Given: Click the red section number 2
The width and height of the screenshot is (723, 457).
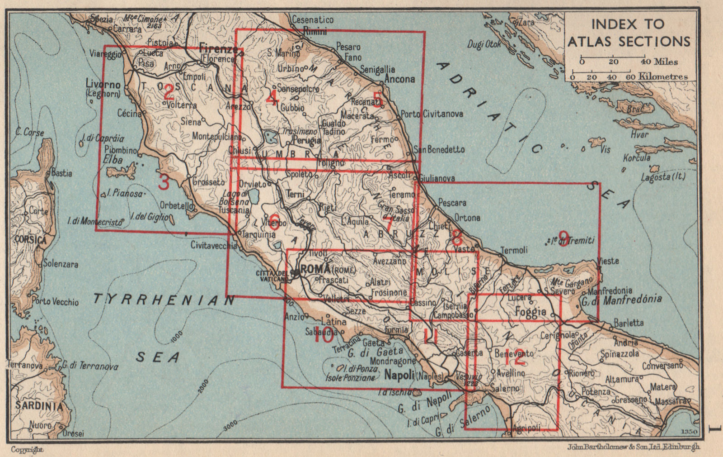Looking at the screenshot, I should pos(168,93).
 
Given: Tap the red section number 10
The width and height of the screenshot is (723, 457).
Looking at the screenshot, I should pos(324,336).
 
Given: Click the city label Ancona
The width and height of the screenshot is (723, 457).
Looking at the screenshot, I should pos(399,79).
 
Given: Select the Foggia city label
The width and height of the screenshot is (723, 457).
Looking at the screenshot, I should pos(531,311).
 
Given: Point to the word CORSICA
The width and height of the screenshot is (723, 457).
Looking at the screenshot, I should pos(30,239).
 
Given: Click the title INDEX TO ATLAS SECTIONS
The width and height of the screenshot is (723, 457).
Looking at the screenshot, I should pos(629,33).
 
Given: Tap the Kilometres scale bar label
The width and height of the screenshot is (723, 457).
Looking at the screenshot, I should pos(662,77).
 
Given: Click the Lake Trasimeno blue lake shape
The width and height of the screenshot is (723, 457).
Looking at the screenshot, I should pos(271,135).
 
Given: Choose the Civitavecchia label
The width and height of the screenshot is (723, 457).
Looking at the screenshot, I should pos(214,246).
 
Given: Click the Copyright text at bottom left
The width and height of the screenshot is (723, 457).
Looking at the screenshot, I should pos(27,449).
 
